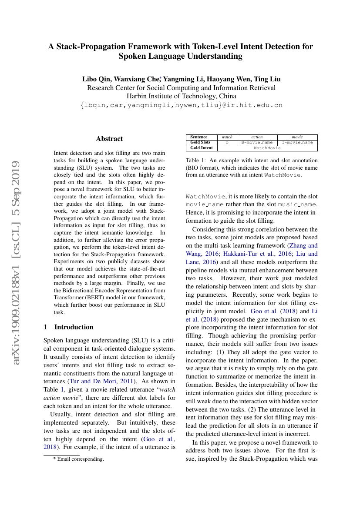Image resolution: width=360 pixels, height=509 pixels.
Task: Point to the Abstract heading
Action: coord(109,139)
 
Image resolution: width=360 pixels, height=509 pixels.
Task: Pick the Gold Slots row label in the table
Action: coord(200,142)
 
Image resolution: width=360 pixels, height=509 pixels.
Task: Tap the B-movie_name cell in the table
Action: coord(257,142)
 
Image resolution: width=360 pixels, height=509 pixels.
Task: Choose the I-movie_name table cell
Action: coord(297,142)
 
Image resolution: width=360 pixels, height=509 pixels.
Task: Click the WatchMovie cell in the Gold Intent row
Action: coord(267,148)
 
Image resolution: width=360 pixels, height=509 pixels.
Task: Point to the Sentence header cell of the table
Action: coord(199,137)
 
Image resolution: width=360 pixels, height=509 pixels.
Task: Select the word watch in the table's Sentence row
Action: coord(227,137)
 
